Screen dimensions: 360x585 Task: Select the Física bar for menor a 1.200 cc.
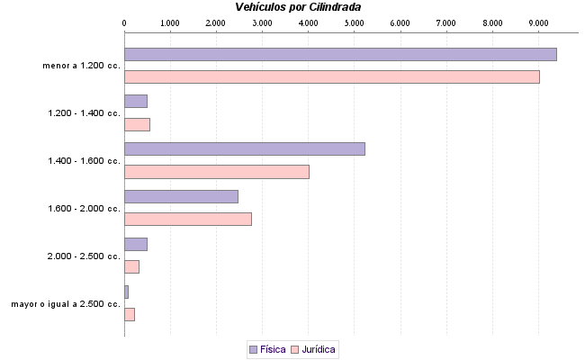coord(340,54)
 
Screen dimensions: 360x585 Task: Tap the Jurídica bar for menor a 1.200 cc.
coord(331,76)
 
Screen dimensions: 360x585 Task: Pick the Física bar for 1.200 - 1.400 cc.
coord(135,101)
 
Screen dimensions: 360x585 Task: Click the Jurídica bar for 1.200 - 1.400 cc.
coord(137,124)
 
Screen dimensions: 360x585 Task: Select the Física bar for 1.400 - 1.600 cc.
coord(244,148)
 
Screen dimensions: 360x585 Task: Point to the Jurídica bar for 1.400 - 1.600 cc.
coord(216,172)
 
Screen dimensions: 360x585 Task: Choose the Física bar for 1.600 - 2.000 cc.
coord(181,196)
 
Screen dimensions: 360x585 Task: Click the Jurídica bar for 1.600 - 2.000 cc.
coord(187,219)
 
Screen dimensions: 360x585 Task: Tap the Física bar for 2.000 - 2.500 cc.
coord(135,244)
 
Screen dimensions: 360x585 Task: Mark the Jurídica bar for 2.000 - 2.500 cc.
coord(131,266)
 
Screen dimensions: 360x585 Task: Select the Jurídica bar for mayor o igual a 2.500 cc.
coord(129,314)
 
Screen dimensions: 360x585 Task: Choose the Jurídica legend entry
coord(313,348)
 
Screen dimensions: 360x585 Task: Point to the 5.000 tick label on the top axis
coord(354,22)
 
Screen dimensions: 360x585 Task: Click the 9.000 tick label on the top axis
coord(537,22)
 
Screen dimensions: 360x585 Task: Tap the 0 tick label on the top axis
coord(124,22)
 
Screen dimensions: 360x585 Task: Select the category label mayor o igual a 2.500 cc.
coord(66,304)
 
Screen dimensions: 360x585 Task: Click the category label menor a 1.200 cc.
coord(81,66)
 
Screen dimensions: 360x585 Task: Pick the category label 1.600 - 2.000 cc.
coord(84,209)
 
